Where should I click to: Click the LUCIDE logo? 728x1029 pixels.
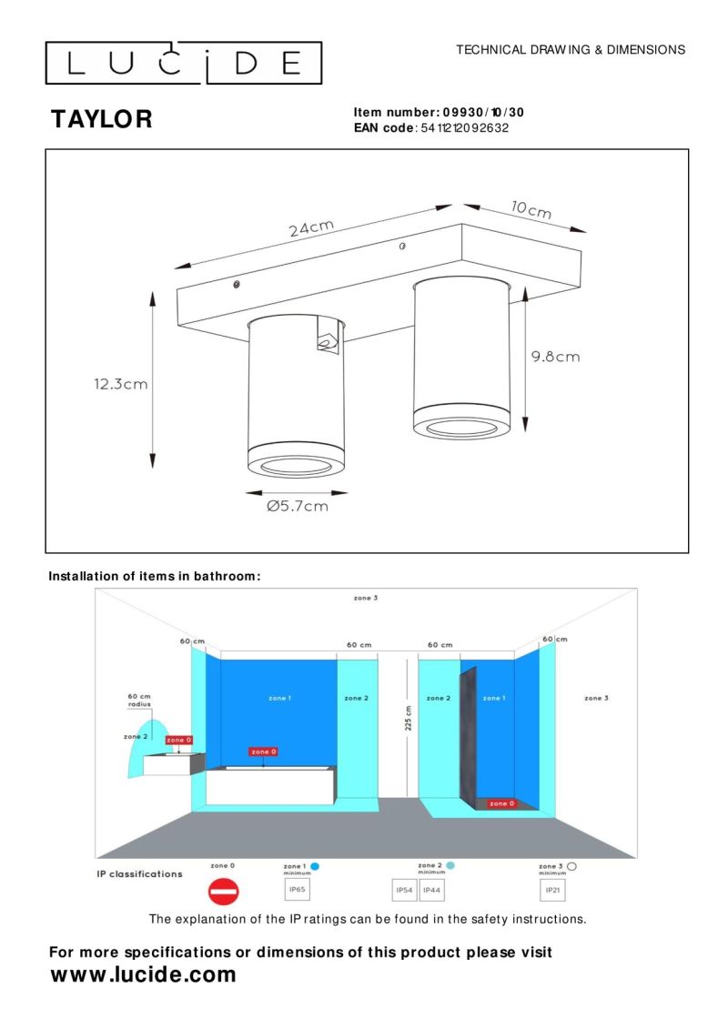tap(184, 63)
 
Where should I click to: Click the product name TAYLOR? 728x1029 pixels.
tap(101, 119)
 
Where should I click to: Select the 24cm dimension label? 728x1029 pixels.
tap(312, 227)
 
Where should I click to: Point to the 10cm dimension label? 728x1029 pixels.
tap(531, 210)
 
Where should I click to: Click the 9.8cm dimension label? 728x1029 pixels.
tap(555, 357)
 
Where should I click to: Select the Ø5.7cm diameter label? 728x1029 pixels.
tap(298, 507)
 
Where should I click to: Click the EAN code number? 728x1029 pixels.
tap(465, 128)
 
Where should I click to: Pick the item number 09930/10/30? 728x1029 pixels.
tap(483, 113)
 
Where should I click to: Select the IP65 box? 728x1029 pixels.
tap(297, 889)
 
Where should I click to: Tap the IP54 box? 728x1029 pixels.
tap(403, 889)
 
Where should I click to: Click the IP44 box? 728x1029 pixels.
tap(431, 889)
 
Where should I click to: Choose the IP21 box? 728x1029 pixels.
tap(551, 889)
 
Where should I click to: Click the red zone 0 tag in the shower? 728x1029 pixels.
tap(500, 803)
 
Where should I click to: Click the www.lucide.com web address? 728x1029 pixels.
tap(143, 975)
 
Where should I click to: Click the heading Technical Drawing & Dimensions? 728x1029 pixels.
tap(571, 50)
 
